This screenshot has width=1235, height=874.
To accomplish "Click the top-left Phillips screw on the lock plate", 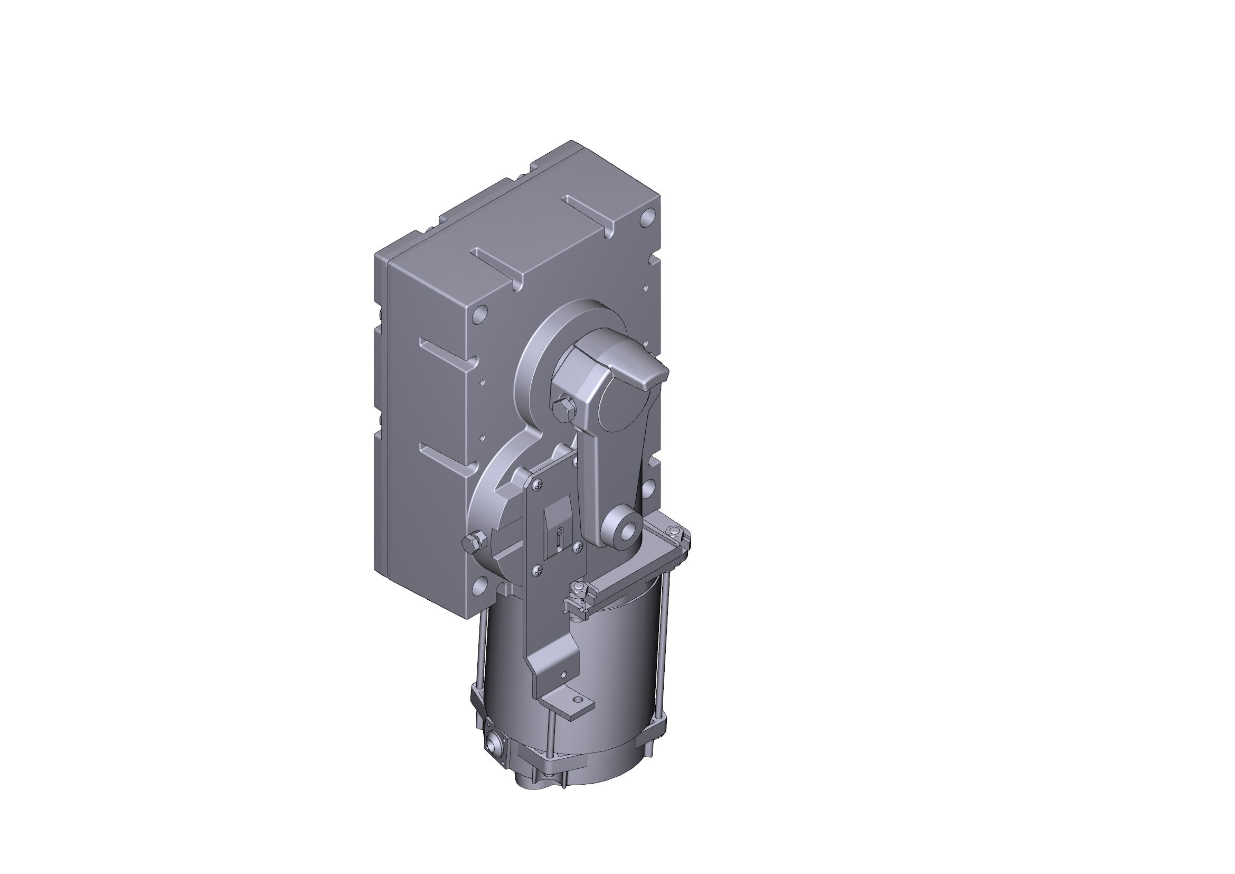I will [x=538, y=485].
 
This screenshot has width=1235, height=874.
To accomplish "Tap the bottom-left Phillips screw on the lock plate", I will [x=538, y=571].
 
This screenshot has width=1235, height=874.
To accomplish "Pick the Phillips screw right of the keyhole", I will [x=578, y=546].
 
